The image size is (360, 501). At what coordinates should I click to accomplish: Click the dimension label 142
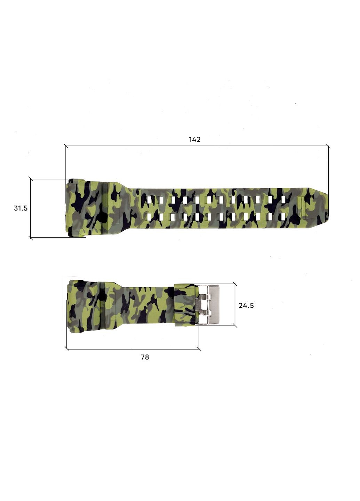pos(194,140)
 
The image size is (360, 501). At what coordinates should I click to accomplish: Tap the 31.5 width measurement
pos(21,208)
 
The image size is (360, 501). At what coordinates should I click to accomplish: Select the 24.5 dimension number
pos(246,305)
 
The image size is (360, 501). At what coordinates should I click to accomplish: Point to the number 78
pos(145,357)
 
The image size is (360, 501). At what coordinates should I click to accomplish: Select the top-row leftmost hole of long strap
pos(150,200)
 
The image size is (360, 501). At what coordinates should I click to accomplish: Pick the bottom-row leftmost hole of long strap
pos(150,217)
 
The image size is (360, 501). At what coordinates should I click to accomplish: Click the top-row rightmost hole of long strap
pos(283,200)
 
